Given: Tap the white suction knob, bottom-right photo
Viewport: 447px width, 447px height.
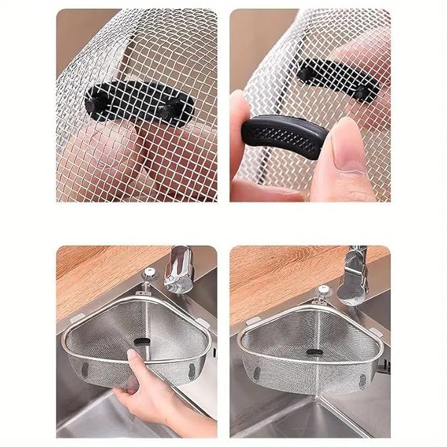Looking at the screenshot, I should pyautogui.click(x=324, y=293).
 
